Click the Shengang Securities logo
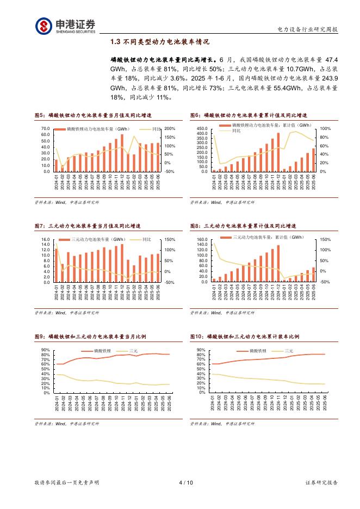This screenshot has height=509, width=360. tap(66, 25)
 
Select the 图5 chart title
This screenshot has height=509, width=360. tap(93, 116)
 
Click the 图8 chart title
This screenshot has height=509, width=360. tap(249, 225)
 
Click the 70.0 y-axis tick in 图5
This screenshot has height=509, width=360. tap(46, 129)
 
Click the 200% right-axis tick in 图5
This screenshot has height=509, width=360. tap(169, 129)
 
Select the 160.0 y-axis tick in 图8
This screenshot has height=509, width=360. tap(202, 240)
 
